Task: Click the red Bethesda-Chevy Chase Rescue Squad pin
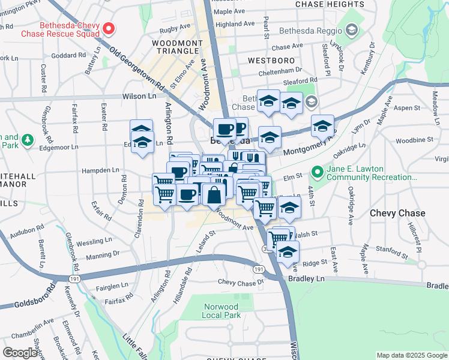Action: click(x=109, y=28)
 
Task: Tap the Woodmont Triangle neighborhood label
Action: click(x=179, y=47)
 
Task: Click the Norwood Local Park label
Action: click(x=222, y=310)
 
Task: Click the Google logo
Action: click(x=20, y=353)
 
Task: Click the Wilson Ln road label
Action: click(x=139, y=96)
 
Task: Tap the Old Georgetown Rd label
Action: click(x=137, y=70)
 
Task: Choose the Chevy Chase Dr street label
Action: click(x=241, y=282)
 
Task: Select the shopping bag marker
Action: click(x=214, y=194)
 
